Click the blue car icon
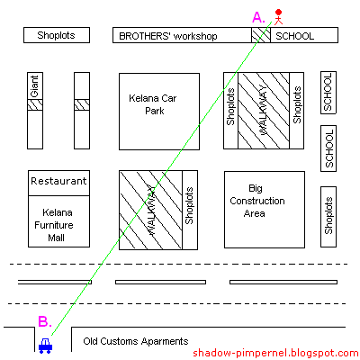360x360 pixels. click(x=45, y=346)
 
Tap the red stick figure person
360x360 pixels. click(x=278, y=17)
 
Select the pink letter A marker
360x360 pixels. click(x=258, y=17)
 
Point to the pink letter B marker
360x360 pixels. click(x=45, y=321)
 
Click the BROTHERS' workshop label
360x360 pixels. click(x=168, y=36)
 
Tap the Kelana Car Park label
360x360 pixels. click(x=153, y=104)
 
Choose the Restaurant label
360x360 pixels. click(x=58, y=181)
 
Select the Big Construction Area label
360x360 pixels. click(x=257, y=201)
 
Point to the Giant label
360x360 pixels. click(x=35, y=86)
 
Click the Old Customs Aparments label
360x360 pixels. click(x=136, y=341)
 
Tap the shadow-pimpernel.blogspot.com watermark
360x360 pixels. click(x=275, y=353)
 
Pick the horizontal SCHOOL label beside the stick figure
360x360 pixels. click(x=294, y=36)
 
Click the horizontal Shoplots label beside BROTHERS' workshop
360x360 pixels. click(x=56, y=35)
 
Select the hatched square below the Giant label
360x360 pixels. click(x=35, y=104)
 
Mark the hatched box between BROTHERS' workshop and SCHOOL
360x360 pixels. click(x=261, y=35)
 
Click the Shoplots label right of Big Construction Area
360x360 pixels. click(x=328, y=215)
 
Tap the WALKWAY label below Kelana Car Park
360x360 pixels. click(x=151, y=210)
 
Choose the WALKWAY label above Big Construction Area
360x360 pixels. click(x=263, y=110)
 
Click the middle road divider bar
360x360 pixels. click(x=160, y=282)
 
